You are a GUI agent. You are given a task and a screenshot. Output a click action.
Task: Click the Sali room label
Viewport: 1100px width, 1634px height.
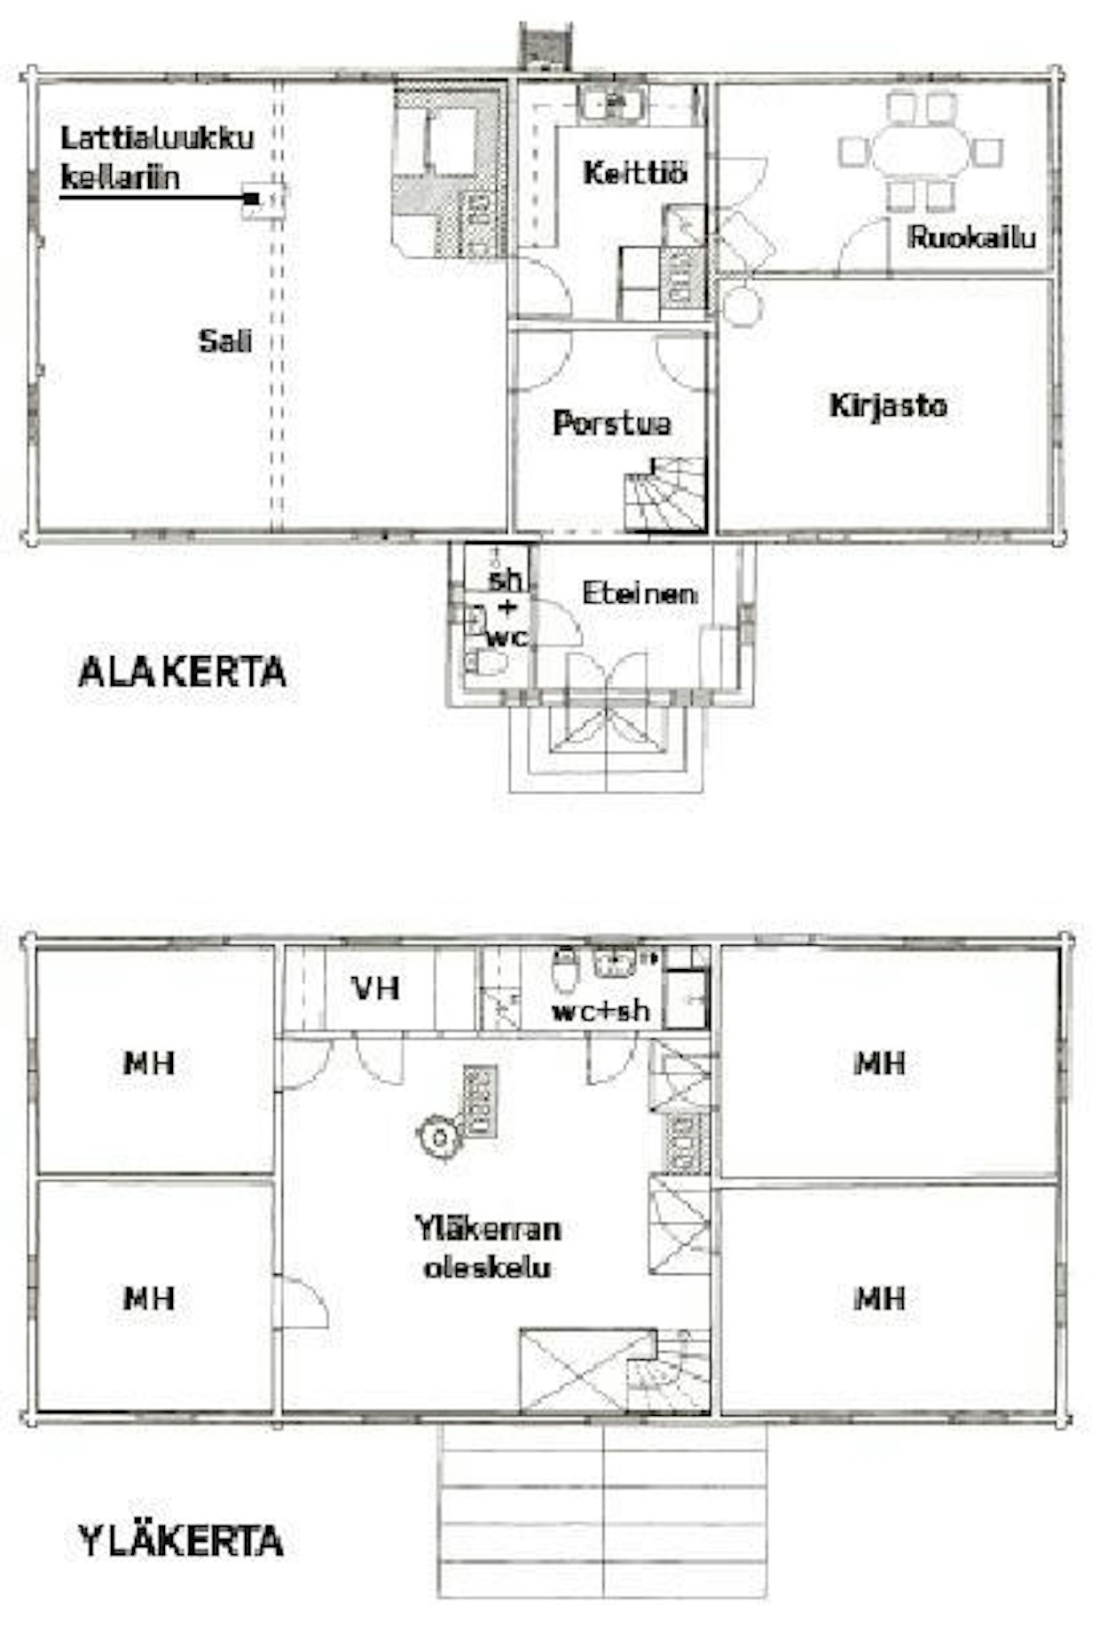point(225,340)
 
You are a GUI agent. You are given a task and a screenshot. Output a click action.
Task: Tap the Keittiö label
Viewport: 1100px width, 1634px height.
point(635,172)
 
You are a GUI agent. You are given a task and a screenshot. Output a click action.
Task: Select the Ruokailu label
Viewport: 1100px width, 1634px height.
point(971,237)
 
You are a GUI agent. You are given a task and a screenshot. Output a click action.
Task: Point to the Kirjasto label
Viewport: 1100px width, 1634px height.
point(888,406)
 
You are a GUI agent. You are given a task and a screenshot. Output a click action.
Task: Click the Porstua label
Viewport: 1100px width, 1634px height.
point(612,423)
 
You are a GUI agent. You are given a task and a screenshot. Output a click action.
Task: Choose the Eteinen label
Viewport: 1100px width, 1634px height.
point(639,593)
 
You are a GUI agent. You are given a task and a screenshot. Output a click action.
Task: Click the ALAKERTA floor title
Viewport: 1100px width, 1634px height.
point(182,672)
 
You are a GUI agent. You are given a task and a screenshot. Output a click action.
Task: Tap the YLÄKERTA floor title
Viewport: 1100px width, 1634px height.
point(181,1541)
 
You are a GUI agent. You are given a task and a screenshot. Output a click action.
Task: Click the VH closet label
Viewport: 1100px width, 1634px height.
point(376,988)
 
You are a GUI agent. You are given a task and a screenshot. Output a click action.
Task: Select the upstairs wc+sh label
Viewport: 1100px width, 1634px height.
point(601,1011)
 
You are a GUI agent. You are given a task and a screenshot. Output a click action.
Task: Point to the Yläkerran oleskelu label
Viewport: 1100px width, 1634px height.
point(488,1247)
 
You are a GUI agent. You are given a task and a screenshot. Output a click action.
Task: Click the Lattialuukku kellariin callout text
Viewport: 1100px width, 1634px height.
point(157,157)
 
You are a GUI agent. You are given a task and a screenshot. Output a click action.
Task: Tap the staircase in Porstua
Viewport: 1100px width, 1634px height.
point(665,493)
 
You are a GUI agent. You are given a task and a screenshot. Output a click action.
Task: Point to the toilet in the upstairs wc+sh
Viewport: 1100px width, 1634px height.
point(564,970)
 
